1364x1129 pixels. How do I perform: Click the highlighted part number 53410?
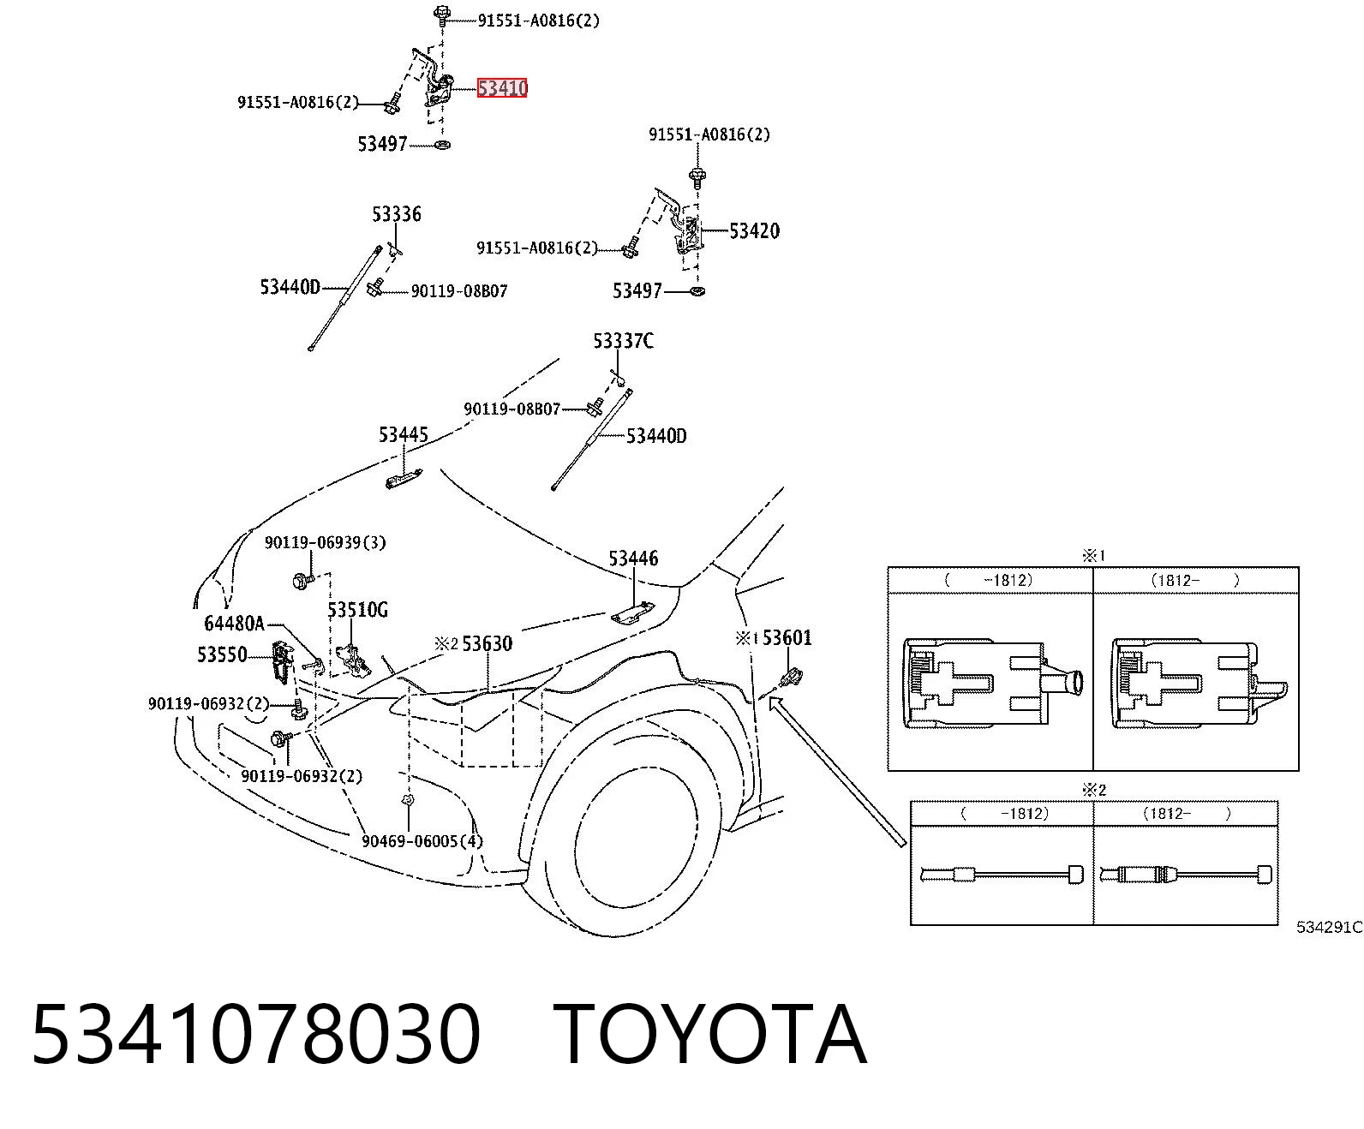tap(502, 87)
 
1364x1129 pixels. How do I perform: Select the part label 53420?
tap(754, 230)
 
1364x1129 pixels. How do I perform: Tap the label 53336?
tap(397, 213)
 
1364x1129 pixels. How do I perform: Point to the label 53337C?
tap(623, 340)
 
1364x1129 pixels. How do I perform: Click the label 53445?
tap(403, 434)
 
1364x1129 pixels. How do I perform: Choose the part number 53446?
tap(633, 558)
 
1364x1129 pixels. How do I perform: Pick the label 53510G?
tap(357, 610)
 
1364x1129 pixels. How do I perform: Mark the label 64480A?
tap(234, 624)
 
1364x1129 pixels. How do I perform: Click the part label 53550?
tap(222, 654)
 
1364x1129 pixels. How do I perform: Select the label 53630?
tap(487, 643)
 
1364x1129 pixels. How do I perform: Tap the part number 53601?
tap(787, 637)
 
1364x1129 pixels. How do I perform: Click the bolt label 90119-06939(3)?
tap(325, 542)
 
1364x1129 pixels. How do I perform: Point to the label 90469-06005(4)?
tap(422, 841)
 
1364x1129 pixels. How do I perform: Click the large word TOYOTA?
tap(710, 1036)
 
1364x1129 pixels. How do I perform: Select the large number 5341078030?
tap(256, 1036)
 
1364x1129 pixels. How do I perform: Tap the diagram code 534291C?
tap(1329, 927)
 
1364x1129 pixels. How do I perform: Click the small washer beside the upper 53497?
tap(442, 145)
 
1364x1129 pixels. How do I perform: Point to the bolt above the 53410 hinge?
tap(442, 15)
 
